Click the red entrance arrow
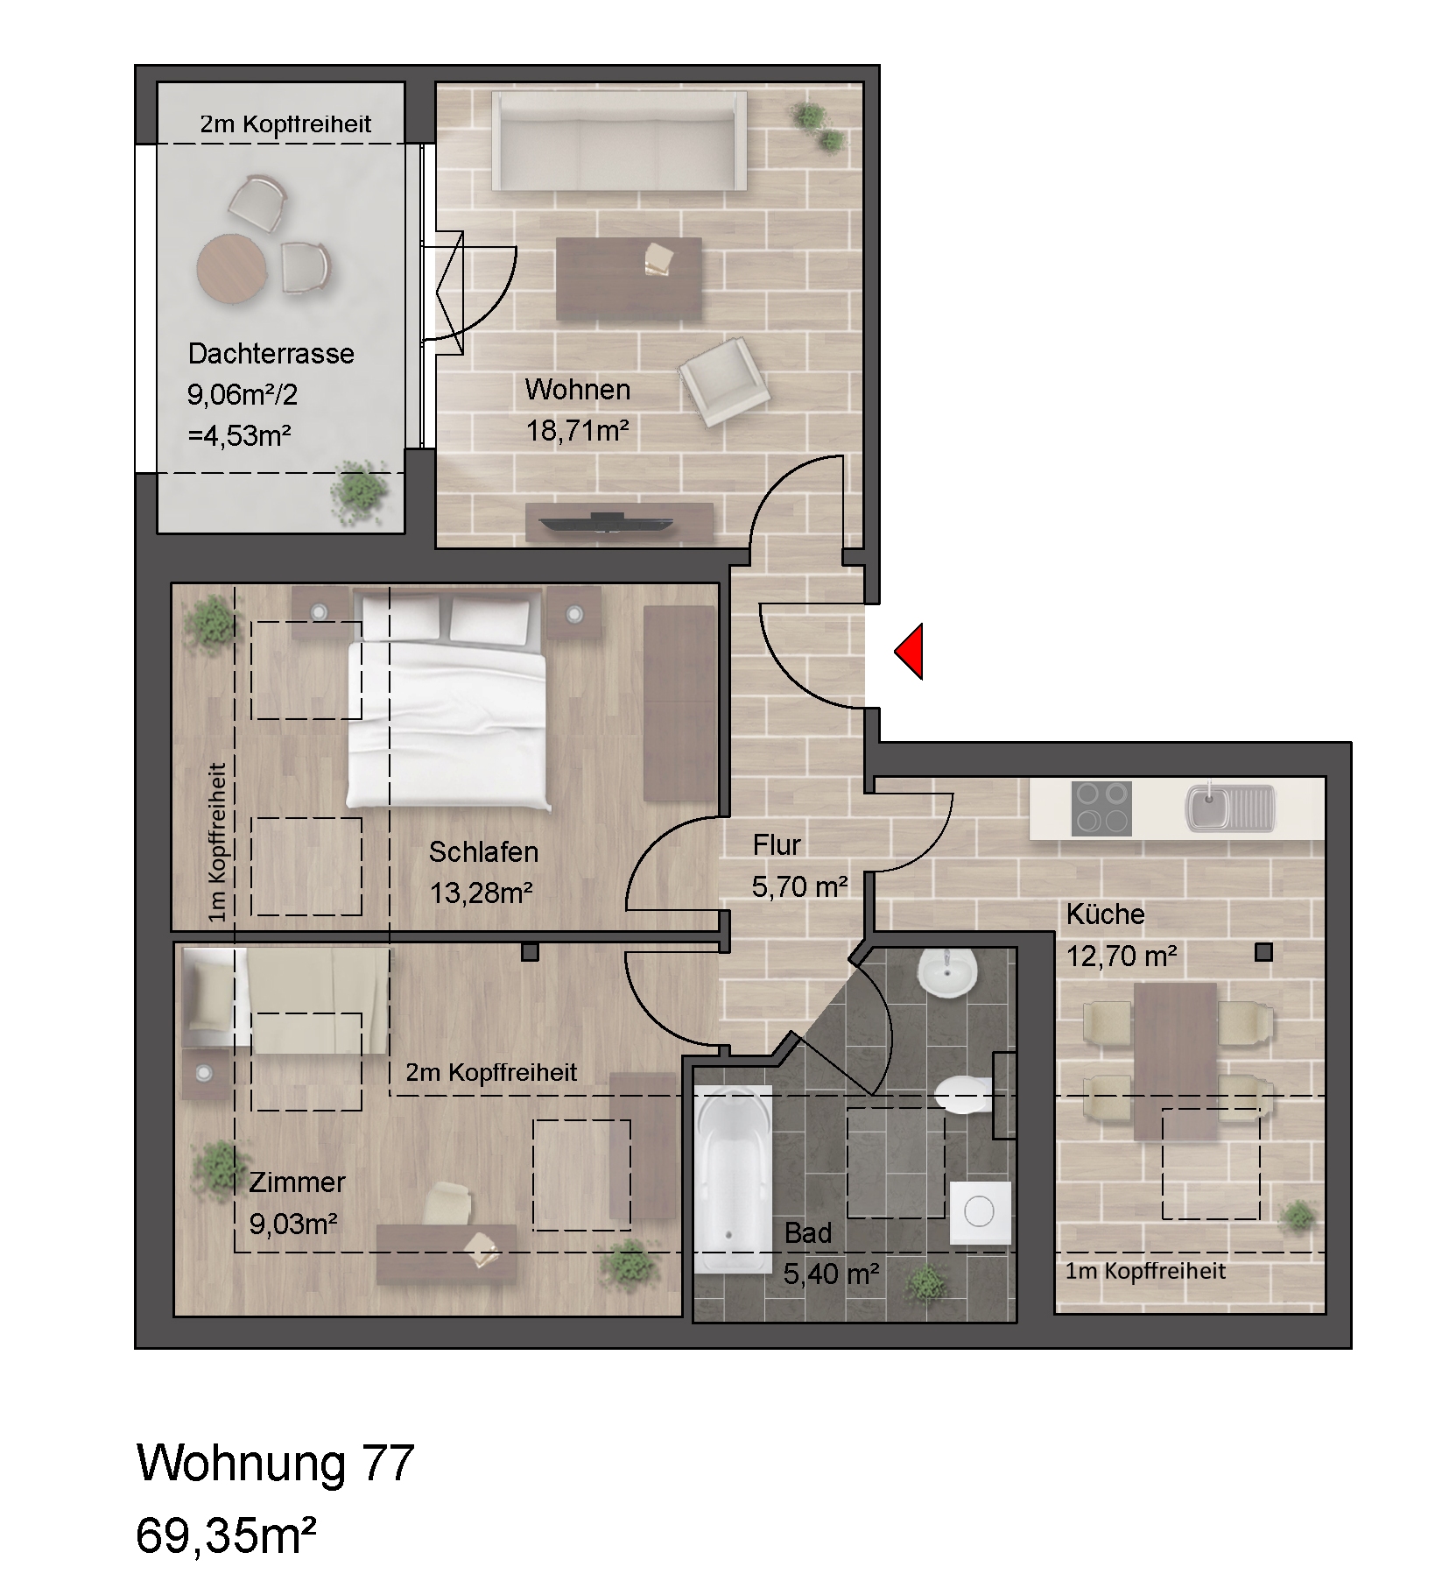pos(911,651)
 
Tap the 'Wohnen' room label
pos(577,389)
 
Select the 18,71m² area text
pos(577,431)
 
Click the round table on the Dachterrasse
pos(232,268)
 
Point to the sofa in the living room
pos(619,141)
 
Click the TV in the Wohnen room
pos(607,523)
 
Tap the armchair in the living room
pos(724,382)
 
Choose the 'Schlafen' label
pos(483,851)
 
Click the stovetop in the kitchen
pos(1101,808)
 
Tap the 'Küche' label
pos(1105,914)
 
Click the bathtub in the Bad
pos(733,1178)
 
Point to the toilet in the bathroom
pos(961,1094)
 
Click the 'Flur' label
pos(777,845)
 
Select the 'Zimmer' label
pos(297,1182)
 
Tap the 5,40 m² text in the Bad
pos(831,1274)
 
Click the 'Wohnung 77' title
pos(275,1464)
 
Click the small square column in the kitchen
pos(1263,951)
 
